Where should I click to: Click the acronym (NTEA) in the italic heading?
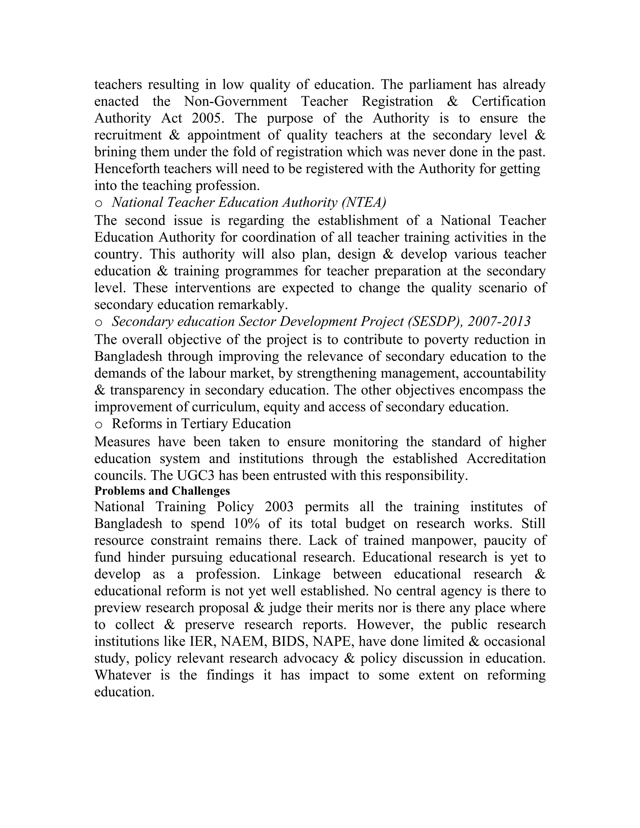(363, 203)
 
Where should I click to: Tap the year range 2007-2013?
(499, 322)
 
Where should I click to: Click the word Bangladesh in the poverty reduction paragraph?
(128, 357)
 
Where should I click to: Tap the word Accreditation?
(506, 459)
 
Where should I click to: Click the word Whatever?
(122, 675)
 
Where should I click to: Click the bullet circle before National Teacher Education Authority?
(98, 204)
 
